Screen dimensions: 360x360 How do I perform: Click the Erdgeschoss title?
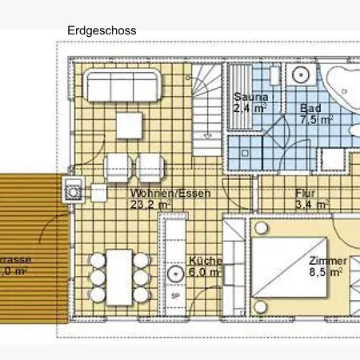(102, 30)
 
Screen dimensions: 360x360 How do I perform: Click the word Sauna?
(249, 98)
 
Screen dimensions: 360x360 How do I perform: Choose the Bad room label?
(312, 108)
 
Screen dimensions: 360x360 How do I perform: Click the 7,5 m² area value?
(316, 120)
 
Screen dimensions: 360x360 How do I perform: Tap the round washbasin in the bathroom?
(300, 75)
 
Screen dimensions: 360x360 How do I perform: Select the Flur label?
(306, 193)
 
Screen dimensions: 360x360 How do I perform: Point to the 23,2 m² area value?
(153, 205)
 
